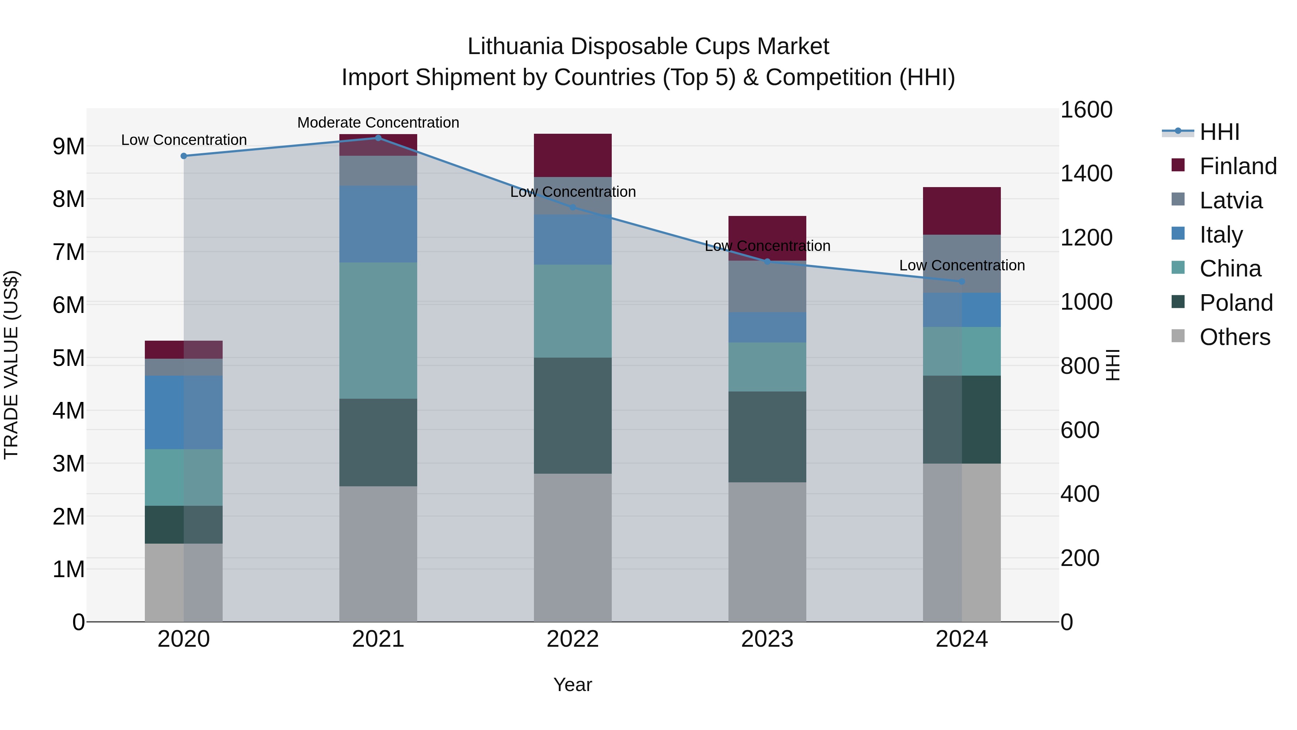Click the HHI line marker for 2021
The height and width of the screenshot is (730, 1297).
pyautogui.click(x=378, y=138)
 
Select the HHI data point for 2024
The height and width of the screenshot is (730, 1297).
pyautogui.click(x=962, y=282)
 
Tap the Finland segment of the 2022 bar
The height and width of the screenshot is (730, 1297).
pyautogui.click(x=572, y=155)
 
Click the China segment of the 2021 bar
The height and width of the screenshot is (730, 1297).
pyautogui.click(x=378, y=331)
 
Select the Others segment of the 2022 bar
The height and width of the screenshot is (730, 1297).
pyautogui.click(x=572, y=548)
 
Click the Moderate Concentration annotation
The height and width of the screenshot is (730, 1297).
pyautogui.click(x=378, y=123)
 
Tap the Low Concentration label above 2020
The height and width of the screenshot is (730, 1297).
pyautogui.click(x=184, y=140)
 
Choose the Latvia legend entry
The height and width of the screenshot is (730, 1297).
pyautogui.click(x=1231, y=200)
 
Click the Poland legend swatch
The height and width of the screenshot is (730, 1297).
pyautogui.click(x=1178, y=302)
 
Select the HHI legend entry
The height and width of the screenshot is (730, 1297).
pyautogui.click(x=1218, y=132)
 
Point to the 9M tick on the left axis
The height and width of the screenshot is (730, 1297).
pyautogui.click(x=68, y=147)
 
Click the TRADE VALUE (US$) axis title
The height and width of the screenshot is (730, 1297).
pyautogui.click(x=11, y=365)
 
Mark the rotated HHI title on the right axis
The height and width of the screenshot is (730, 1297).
pyautogui.click(x=1113, y=365)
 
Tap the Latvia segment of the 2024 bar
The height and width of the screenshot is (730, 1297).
pyautogui.click(x=962, y=264)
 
